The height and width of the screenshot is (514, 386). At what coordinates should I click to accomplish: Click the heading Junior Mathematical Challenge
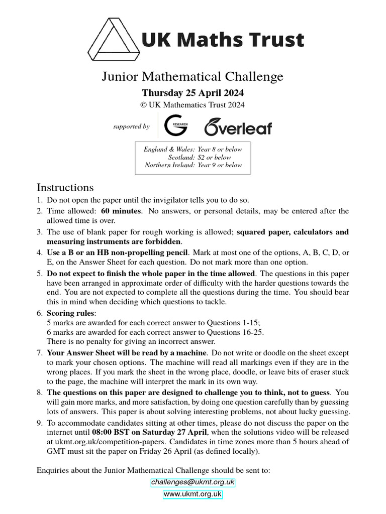[x=192, y=76]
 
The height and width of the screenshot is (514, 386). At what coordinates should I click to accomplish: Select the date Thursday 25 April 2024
[x=192, y=93]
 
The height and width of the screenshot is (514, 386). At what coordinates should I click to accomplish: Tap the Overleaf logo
[x=238, y=127]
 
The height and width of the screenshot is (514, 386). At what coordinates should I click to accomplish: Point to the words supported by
[x=132, y=126]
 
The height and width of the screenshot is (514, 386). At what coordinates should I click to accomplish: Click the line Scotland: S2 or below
[x=200, y=157]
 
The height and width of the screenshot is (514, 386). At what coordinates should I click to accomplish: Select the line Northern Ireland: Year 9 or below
[x=193, y=165]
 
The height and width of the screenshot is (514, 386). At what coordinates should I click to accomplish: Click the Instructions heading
[x=65, y=187]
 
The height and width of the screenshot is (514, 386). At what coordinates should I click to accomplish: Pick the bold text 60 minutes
[x=121, y=211]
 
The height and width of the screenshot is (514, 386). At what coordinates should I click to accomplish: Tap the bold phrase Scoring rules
[x=67, y=313]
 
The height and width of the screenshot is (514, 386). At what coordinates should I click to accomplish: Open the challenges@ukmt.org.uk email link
[x=192, y=482]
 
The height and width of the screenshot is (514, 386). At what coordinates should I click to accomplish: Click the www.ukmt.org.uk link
[x=192, y=494]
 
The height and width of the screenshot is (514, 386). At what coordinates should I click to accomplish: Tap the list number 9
[x=39, y=423]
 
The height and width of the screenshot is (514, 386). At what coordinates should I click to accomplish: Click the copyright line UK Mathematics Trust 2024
[x=192, y=105]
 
